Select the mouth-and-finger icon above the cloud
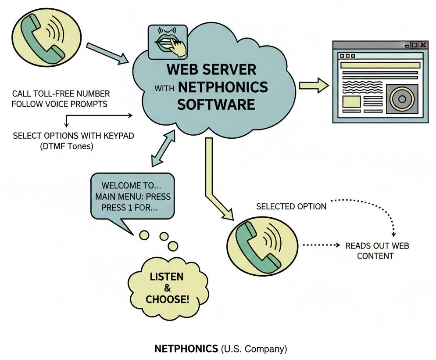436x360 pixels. pyautogui.click(x=168, y=42)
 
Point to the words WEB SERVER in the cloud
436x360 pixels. pyautogui.click(x=211, y=70)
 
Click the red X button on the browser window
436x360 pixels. pyautogui.click(x=422, y=45)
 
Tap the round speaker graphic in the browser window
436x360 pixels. pyautogui.click(x=402, y=99)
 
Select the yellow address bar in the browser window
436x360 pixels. pyautogui.click(x=380, y=65)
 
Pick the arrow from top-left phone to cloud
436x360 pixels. pyautogui.click(x=107, y=54)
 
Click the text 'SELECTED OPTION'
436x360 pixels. pyautogui.click(x=291, y=206)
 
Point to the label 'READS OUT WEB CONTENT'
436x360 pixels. pyautogui.click(x=377, y=251)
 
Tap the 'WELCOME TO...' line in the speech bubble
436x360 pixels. pyautogui.click(x=124, y=186)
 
